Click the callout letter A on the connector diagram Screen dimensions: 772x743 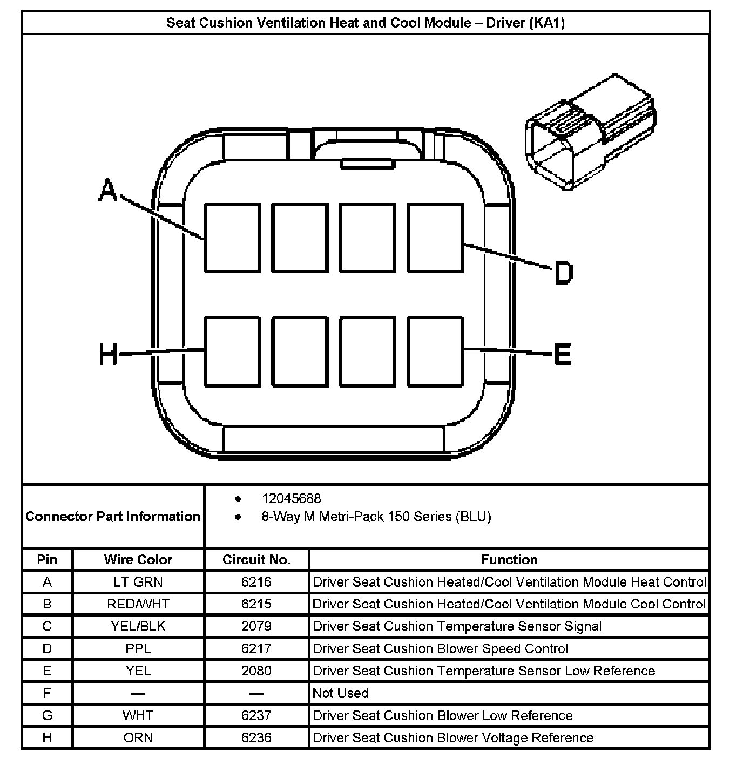(x=108, y=191)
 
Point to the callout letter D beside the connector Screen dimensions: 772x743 (x=563, y=273)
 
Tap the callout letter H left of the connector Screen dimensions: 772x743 (x=108, y=355)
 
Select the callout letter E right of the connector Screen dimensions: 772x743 (x=563, y=355)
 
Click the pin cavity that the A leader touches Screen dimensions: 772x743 (x=232, y=238)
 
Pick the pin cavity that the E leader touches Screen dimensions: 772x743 (x=435, y=351)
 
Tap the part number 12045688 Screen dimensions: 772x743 (x=291, y=498)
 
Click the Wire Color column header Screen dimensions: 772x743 (x=138, y=559)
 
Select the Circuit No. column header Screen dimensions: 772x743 (x=256, y=559)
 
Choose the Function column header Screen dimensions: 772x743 (x=509, y=559)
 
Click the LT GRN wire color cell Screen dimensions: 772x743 (x=138, y=582)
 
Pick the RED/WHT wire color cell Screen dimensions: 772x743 (x=138, y=604)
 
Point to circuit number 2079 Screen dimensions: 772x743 (x=256, y=626)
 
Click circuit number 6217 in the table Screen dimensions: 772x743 (x=256, y=648)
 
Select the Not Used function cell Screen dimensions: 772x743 (x=341, y=693)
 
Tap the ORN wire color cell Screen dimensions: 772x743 (x=138, y=737)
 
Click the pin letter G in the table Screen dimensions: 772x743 (x=47, y=715)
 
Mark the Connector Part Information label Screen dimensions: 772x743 (x=113, y=517)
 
